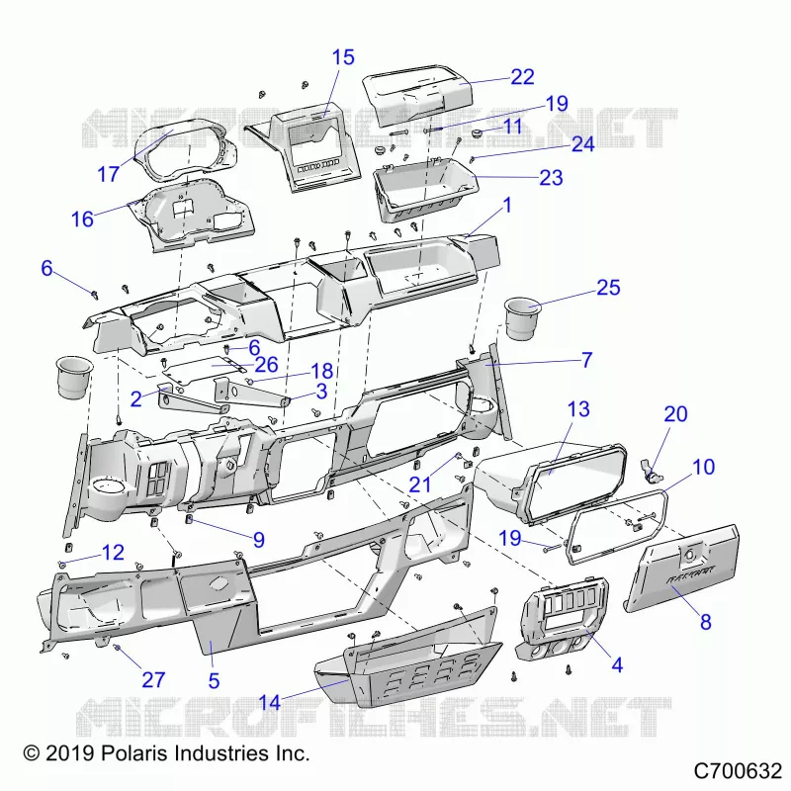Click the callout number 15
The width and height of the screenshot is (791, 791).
343,57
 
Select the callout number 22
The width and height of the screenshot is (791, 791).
522,77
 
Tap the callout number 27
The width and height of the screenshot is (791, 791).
153,679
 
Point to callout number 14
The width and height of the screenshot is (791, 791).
269,702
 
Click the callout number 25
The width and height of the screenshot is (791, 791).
608,288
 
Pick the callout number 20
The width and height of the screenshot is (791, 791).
675,413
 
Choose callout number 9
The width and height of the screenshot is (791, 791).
259,540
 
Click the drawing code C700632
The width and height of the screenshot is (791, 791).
738,771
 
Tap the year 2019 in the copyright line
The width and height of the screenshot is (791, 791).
70,753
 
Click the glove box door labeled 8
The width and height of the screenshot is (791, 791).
682,568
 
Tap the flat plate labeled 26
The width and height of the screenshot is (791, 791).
202,369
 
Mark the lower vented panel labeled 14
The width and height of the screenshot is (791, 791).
408,671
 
